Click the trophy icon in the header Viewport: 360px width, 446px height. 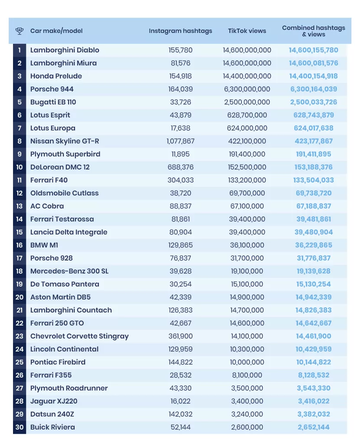(20, 31)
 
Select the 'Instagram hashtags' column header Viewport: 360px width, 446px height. (180, 31)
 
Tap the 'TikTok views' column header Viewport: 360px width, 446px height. (247, 31)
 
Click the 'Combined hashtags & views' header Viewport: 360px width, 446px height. (314, 31)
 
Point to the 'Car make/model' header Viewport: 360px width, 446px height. (56, 31)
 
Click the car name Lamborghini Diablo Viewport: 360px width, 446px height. (65, 50)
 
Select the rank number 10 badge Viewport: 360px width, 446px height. (20, 167)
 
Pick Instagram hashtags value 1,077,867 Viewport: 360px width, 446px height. (180, 141)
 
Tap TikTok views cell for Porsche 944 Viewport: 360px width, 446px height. (247, 89)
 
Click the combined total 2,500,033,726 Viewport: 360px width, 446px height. (314, 102)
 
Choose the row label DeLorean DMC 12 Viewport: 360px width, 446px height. (60, 167)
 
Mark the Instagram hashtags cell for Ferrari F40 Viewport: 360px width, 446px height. (180, 180)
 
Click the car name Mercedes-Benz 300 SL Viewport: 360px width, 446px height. (69, 271)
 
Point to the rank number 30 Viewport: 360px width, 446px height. (20, 427)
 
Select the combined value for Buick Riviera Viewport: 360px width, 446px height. (314, 427)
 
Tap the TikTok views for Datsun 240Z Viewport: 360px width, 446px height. (247, 414)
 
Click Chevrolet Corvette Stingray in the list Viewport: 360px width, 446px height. (79, 336)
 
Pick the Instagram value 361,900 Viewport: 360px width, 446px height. (180, 336)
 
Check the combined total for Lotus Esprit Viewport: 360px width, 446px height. (314, 115)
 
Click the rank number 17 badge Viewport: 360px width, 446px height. (20, 258)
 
